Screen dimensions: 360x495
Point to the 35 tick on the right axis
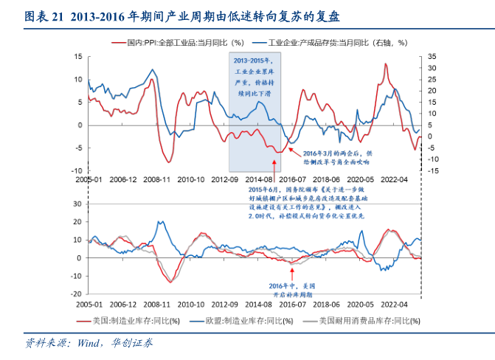pyautogui.click(x=432, y=55)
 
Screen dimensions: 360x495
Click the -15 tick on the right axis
pyautogui.click(x=434, y=170)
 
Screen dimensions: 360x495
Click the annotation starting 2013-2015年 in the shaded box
pyautogui.click(x=254, y=80)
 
